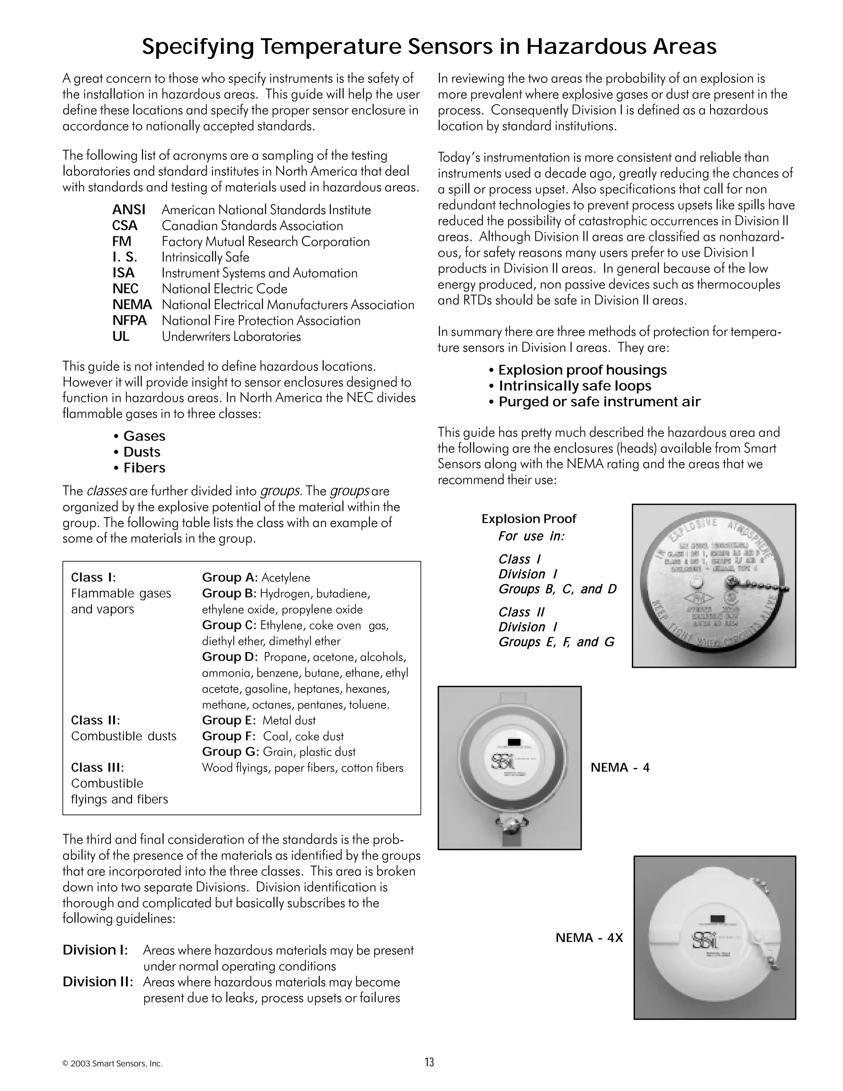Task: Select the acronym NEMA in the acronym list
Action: pyautogui.click(x=132, y=305)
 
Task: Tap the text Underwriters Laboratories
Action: pyautogui.click(x=231, y=337)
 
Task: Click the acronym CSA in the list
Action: pyautogui.click(x=124, y=226)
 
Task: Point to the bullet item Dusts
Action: pyautogui.click(x=141, y=452)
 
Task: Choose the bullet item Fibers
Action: pyautogui.click(x=144, y=468)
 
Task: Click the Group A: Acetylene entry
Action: pyautogui.click(x=256, y=578)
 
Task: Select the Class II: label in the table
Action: pyautogui.click(x=95, y=720)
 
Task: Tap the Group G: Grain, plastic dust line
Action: pyautogui.click(x=279, y=752)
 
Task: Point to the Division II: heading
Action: pyautogui.click(x=98, y=981)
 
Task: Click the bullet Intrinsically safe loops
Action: pyautogui.click(x=574, y=386)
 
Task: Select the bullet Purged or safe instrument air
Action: pyautogui.click(x=599, y=402)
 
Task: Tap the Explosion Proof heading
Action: pyautogui.click(x=529, y=519)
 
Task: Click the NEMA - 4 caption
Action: pyautogui.click(x=620, y=767)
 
